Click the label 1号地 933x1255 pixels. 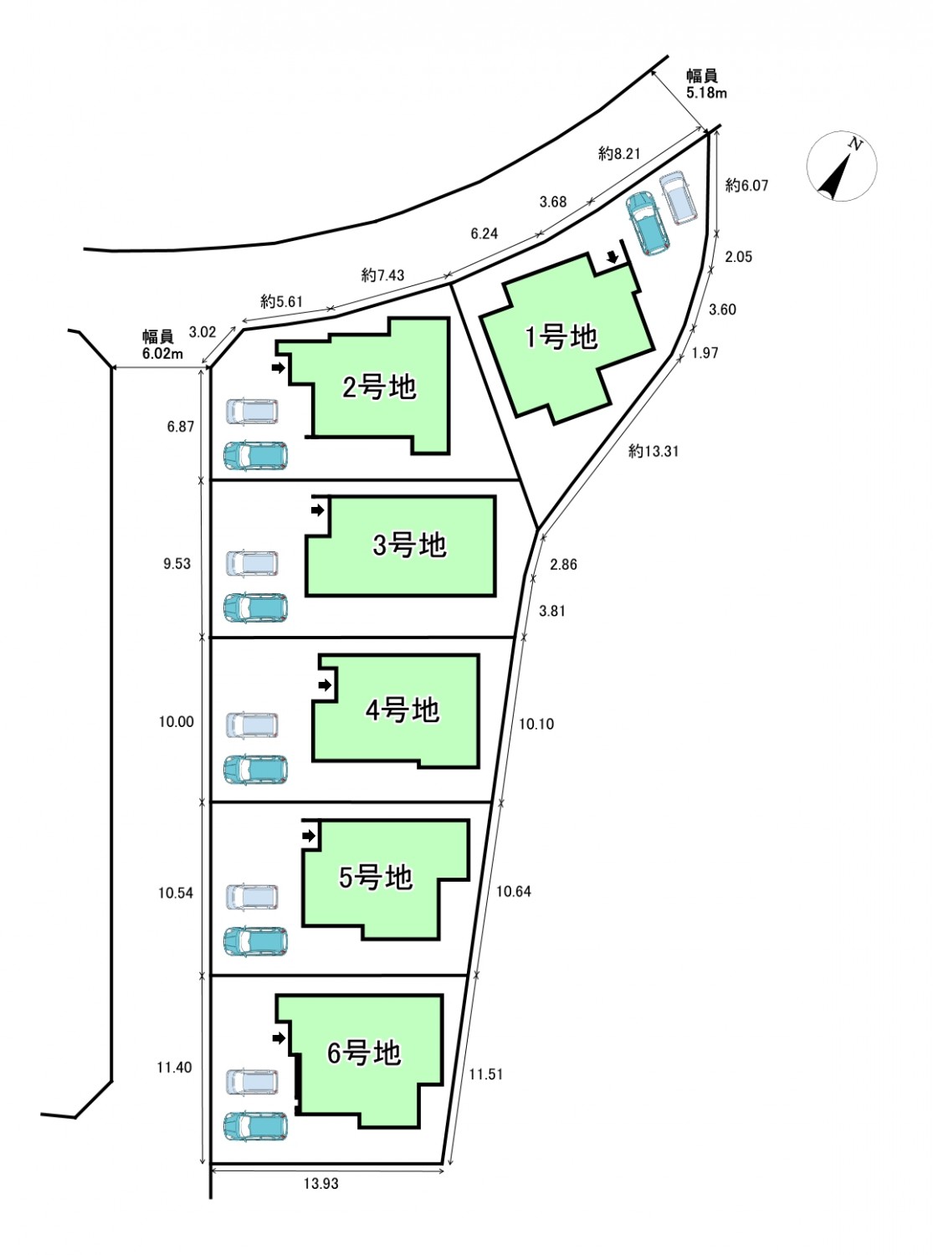(561, 338)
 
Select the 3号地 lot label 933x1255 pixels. (409, 546)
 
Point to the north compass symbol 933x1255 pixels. (841, 166)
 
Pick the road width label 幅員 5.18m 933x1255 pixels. (706, 84)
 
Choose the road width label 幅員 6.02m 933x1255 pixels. (162, 346)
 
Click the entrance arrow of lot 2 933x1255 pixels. (278, 368)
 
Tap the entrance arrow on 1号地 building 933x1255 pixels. (612, 258)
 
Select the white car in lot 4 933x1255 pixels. (253, 725)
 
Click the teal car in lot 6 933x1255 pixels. (255, 1126)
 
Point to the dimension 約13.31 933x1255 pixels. (654, 451)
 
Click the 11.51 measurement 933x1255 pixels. (486, 1074)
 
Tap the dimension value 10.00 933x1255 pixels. (176, 722)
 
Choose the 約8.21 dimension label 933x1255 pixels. (619, 153)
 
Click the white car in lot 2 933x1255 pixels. (253, 412)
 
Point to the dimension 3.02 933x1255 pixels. (202, 332)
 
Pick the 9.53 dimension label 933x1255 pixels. (177, 564)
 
